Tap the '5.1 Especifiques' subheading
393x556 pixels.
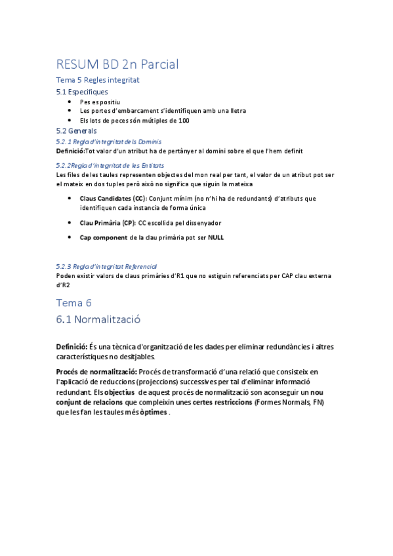click(82, 92)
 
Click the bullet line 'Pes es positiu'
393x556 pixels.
click(100, 102)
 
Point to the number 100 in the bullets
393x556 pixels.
click(183, 121)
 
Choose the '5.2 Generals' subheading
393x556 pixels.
click(76, 130)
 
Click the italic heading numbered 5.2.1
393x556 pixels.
click(108, 141)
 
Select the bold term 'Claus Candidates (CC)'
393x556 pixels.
click(113, 198)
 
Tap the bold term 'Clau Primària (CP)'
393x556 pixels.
click(108, 223)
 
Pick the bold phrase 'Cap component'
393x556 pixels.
click(104, 237)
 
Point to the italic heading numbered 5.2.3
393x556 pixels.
click(106, 267)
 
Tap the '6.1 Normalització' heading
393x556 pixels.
click(98, 320)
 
